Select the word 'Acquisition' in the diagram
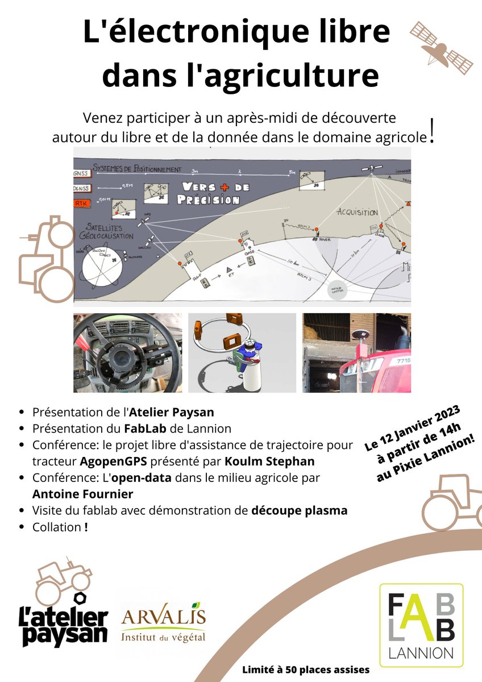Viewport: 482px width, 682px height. pos(357,211)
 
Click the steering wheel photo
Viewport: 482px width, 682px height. pos(128,352)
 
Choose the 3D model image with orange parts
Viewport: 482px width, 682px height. pos(242,352)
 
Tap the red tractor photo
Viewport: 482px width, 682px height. pos(356,352)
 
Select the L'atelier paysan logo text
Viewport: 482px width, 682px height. pos(63,625)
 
